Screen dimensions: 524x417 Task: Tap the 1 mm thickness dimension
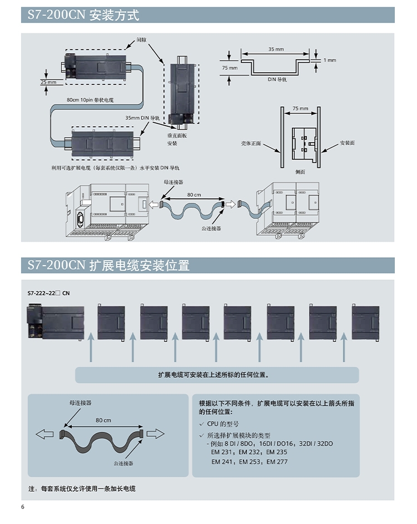(329, 60)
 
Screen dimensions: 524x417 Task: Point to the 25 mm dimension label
(48, 82)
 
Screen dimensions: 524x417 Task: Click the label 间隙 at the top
(142, 40)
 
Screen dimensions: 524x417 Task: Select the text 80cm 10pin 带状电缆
(90, 99)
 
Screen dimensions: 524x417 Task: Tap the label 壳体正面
(251, 143)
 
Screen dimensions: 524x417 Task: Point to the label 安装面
(348, 143)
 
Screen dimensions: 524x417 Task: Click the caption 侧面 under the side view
(300, 172)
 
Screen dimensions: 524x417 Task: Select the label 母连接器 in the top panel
(173, 182)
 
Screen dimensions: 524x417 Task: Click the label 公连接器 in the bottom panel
(123, 463)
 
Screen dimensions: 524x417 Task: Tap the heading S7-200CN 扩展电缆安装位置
(108, 266)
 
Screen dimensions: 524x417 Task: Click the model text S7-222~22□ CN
(49, 293)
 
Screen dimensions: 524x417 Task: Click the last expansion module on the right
(365, 322)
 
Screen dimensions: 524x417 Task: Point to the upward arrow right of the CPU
(91, 350)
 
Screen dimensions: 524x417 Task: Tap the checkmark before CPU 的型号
(202, 424)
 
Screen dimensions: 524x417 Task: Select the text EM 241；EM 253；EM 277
(250, 462)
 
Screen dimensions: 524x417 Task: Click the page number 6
(23, 507)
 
